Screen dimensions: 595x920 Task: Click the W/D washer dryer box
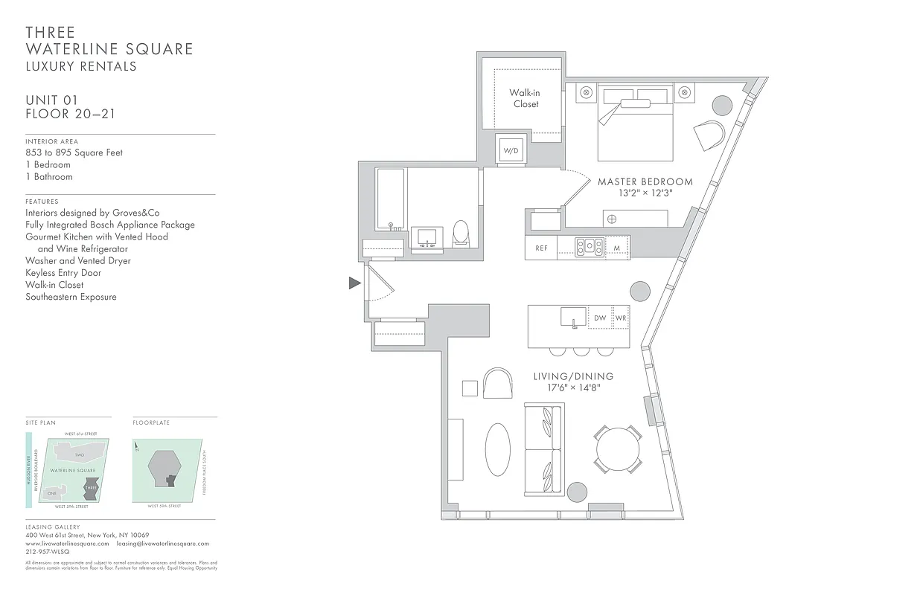pyautogui.click(x=511, y=150)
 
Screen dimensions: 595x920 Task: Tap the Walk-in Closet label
pyautogui.click(x=525, y=98)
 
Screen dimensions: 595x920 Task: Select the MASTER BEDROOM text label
pyautogui.click(x=645, y=181)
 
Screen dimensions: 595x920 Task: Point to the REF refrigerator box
pyautogui.click(x=541, y=248)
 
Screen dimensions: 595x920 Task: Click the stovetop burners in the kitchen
pyautogui.click(x=589, y=247)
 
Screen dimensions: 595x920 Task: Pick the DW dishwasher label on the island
pyautogui.click(x=600, y=318)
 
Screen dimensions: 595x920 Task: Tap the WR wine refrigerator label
pyautogui.click(x=621, y=318)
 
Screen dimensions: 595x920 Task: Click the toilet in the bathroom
pyautogui.click(x=461, y=233)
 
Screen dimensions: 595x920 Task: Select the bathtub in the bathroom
pyautogui.click(x=390, y=199)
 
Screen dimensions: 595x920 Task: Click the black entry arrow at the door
pyautogui.click(x=355, y=283)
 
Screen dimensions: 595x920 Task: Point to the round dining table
pyautogui.click(x=617, y=449)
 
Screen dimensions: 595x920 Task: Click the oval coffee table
pyautogui.click(x=498, y=449)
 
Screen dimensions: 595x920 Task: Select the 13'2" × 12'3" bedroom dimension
pyautogui.click(x=645, y=193)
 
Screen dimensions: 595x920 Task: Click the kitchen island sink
pyautogui.click(x=574, y=318)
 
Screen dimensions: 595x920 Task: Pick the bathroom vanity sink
pyautogui.click(x=427, y=237)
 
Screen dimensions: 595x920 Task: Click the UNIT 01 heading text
pyautogui.click(x=51, y=100)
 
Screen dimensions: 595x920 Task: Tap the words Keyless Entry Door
pyautogui.click(x=63, y=273)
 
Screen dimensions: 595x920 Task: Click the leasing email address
pyautogui.click(x=162, y=544)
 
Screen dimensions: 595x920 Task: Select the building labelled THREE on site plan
pyautogui.click(x=92, y=492)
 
